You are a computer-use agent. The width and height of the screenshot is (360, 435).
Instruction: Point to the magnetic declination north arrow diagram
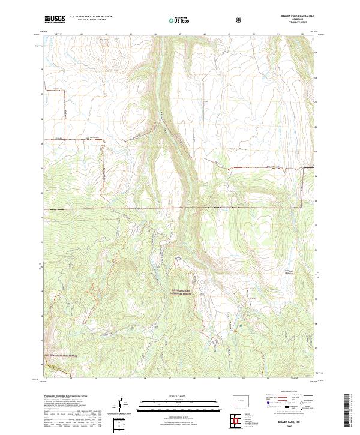[122, 406]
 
